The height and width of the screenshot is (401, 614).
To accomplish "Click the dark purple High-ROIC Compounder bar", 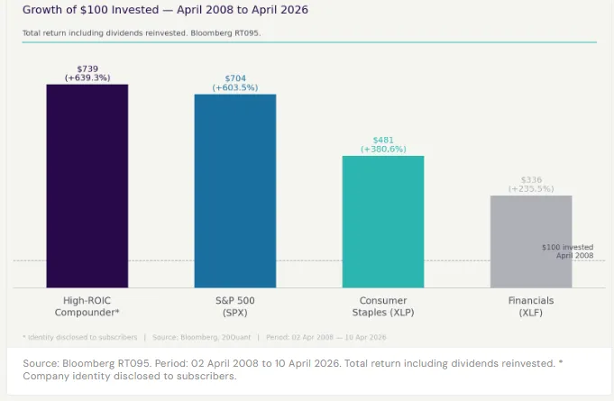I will click(87, 186).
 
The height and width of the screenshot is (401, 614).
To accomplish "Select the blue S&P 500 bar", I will click(235, 190).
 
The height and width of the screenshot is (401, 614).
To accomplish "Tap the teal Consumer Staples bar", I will click(383, 222).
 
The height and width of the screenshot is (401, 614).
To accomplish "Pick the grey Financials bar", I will click(531, 242).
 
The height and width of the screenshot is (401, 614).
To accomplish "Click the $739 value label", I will click(87, 69).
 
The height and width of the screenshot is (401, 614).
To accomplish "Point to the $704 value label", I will click(235, 78).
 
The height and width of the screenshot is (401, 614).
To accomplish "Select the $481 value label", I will click(383, 141).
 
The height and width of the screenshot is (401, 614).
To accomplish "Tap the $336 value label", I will click(531, 180).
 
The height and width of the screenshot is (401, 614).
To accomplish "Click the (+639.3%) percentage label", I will click(87, 78).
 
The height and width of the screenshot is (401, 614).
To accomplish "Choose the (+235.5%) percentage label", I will click(531, 189).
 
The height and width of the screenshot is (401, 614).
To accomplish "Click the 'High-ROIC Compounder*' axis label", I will click(87, 305).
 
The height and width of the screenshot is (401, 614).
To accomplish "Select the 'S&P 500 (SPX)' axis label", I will click(235, 305).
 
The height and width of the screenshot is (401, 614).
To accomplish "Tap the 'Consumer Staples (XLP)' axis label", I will click(383, 305).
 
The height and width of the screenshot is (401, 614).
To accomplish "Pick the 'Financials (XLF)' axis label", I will click(531, 305).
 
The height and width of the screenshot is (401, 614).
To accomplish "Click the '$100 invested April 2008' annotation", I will click(567, 251).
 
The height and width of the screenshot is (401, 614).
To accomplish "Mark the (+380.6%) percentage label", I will click(383, 150).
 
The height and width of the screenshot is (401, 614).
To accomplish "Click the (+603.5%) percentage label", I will click(235, 87).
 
